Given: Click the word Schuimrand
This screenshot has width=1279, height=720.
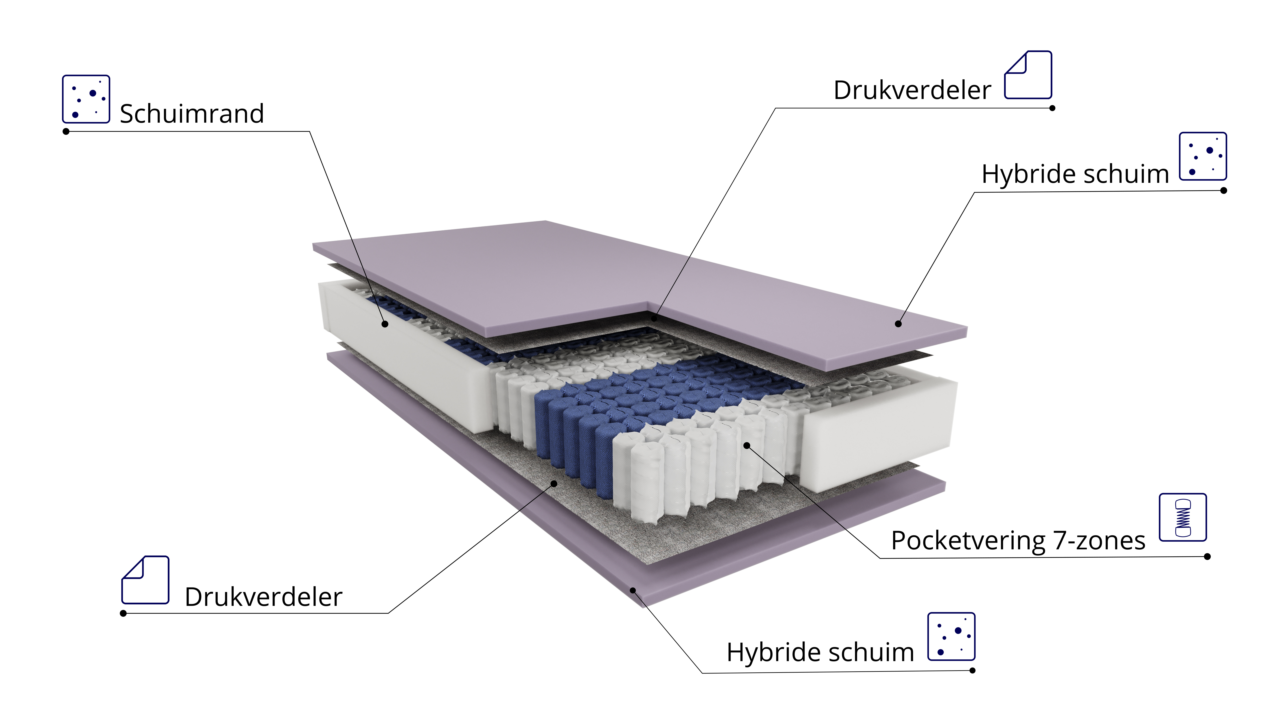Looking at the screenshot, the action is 192,114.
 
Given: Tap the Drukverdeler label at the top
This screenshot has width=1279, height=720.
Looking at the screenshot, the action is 912,90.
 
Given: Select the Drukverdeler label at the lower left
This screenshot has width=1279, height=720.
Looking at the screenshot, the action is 263,597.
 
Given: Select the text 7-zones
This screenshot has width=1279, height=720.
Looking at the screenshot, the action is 1099,541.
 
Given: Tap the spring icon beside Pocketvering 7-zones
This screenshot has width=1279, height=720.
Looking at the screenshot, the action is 1183,517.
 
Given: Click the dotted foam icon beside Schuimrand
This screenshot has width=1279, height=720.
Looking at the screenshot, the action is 86,99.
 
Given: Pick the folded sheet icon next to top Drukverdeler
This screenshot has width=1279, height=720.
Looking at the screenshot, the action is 1028,75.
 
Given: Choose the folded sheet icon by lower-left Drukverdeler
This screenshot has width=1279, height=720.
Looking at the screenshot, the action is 145,580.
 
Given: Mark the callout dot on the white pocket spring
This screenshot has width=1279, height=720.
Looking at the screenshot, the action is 747,445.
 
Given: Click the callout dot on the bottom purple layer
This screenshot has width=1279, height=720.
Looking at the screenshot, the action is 633,590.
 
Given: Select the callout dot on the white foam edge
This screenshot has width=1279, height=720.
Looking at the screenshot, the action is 385,324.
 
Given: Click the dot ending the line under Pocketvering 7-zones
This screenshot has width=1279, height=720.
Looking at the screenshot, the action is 1208,557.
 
